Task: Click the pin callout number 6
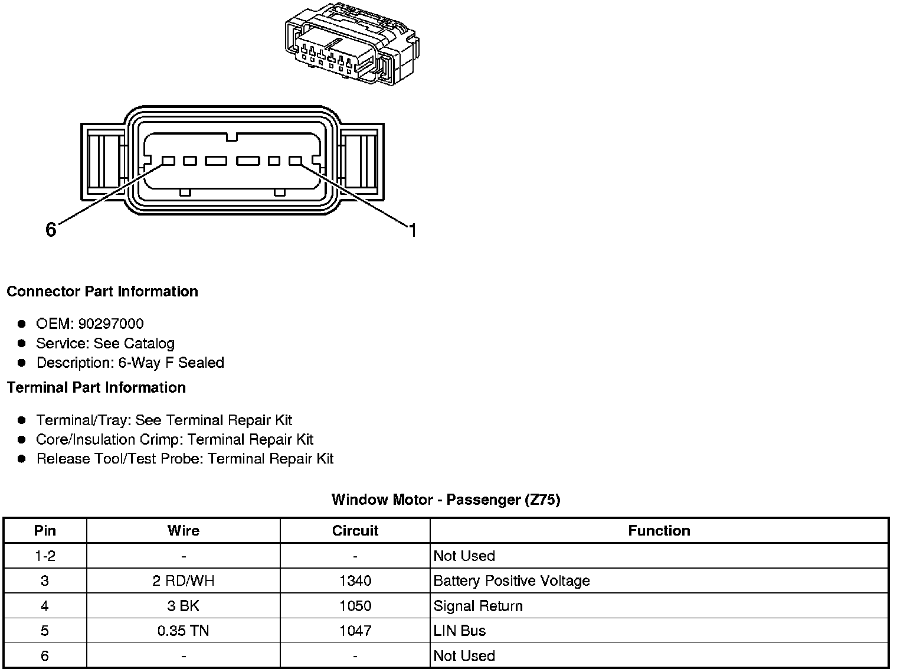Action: tap(51, 230)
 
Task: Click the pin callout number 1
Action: tap(413, 230)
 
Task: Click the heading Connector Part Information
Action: tap(102, 292)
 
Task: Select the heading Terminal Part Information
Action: tap(96, 388)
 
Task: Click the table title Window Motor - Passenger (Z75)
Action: tap(446, 500)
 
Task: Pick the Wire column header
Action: tap(184, 531)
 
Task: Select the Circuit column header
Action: tap(355, 531)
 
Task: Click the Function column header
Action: tap(659, 531)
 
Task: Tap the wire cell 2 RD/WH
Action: tap(184, 581)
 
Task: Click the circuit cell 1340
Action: tap(355, 581)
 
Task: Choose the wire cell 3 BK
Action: tap(184, 606)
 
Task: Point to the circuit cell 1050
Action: tap(355, 606)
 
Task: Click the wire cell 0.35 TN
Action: tap(184, 631)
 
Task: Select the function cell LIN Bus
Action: tap(459, 631)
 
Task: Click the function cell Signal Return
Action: tap(478, 606)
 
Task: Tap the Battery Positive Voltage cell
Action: tap(512, 581)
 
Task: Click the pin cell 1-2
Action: tap(45, 556)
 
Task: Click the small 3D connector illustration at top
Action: tap(352, 45)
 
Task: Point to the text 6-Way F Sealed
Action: tap(171, 363)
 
